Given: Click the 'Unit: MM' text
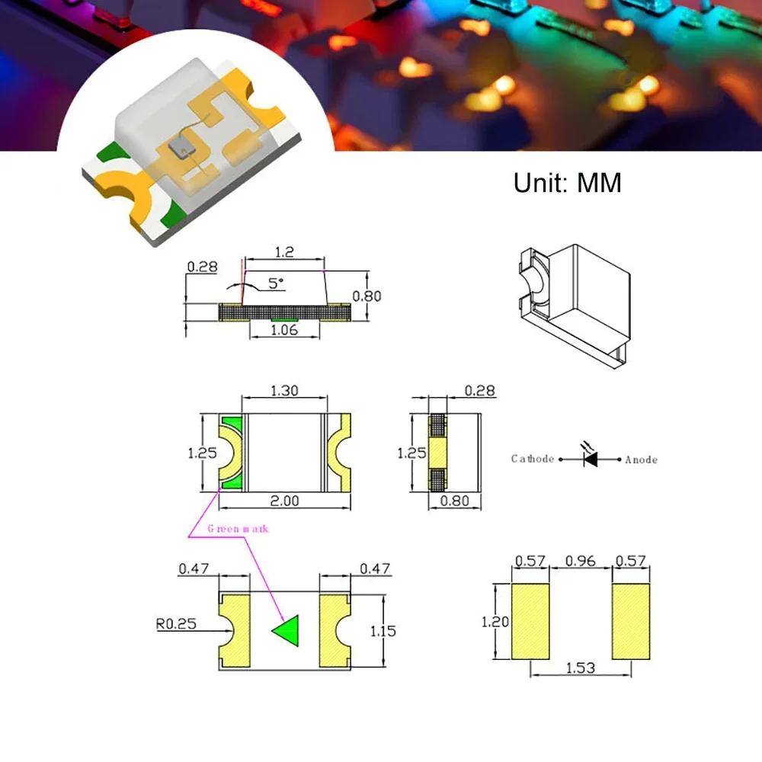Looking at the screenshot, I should click(x=568, y=183).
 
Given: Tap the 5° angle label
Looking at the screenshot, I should click(x=275, y=283).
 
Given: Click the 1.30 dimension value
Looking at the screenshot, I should click(x=284, y=391).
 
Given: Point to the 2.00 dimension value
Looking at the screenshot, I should click(x=284, y=501).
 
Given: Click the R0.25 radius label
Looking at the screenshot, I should click(x=176, y=623).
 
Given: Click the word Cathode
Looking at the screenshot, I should click(x=533, y=459).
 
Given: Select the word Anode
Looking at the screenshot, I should click(x=641, y=459).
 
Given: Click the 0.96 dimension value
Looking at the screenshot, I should click(x=580, y=562).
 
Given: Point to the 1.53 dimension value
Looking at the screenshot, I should click(x=580, y=668).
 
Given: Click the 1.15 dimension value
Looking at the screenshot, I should click(x=383, y=630).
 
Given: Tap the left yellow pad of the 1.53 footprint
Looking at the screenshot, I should click(x=530, y=621).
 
